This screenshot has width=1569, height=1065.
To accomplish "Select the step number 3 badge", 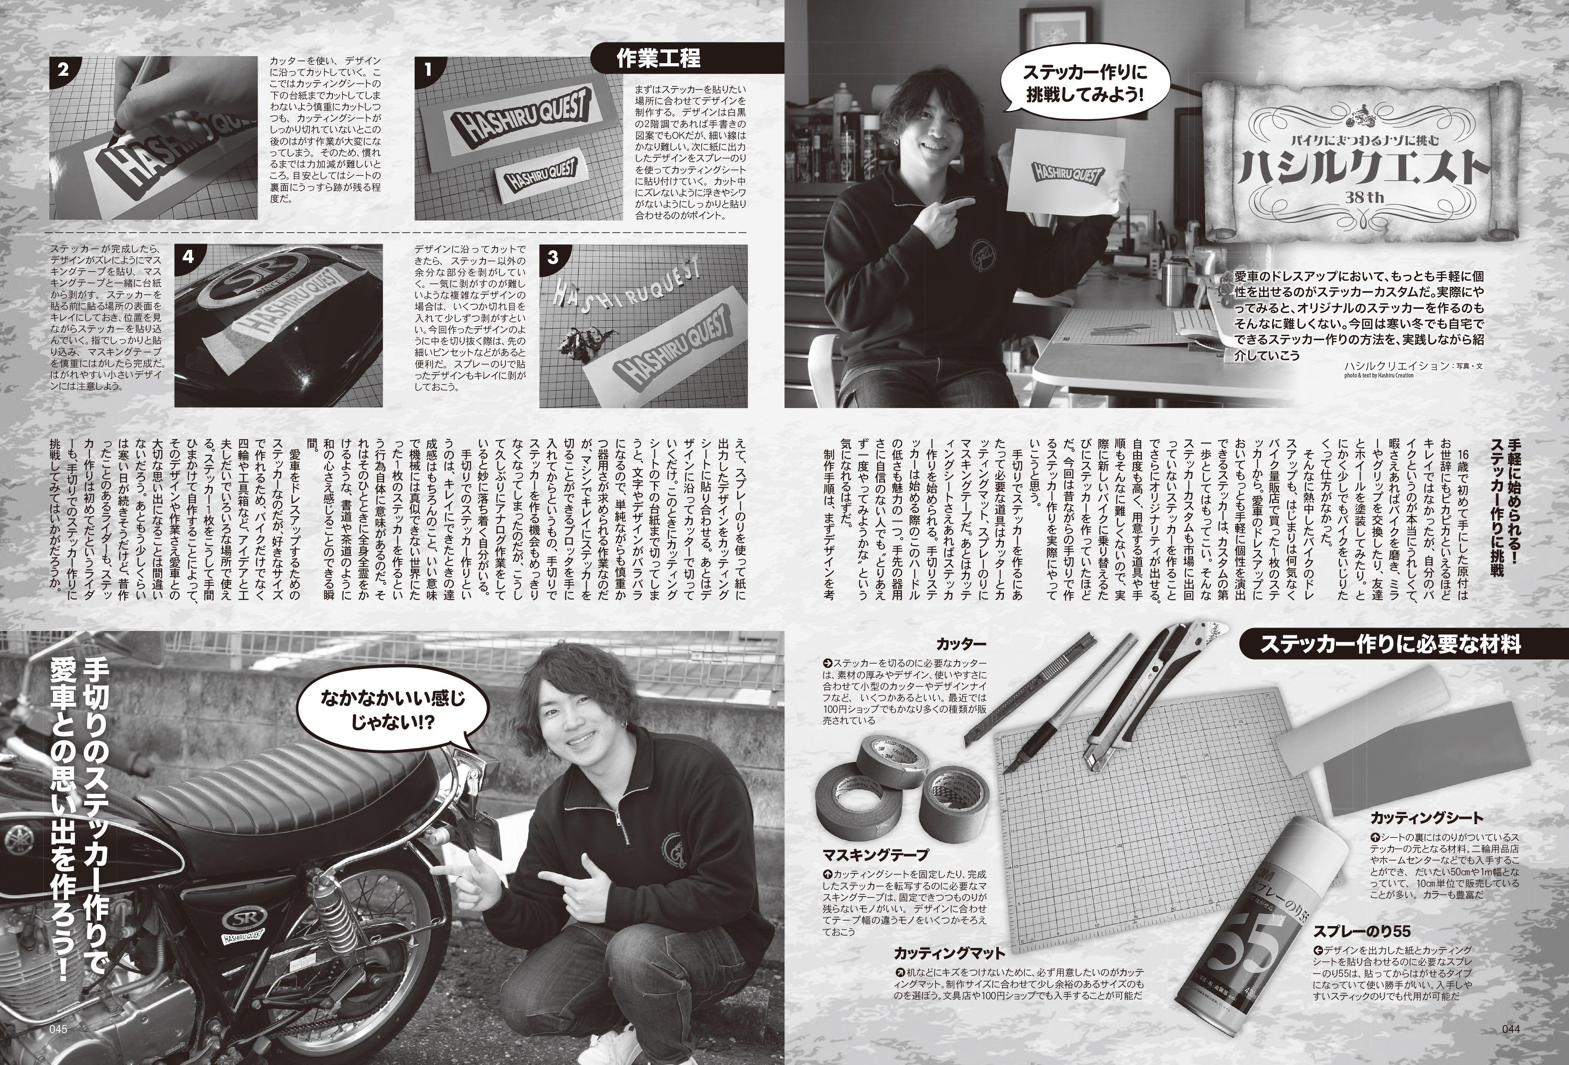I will pyautogui.click(x=553, y=257).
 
